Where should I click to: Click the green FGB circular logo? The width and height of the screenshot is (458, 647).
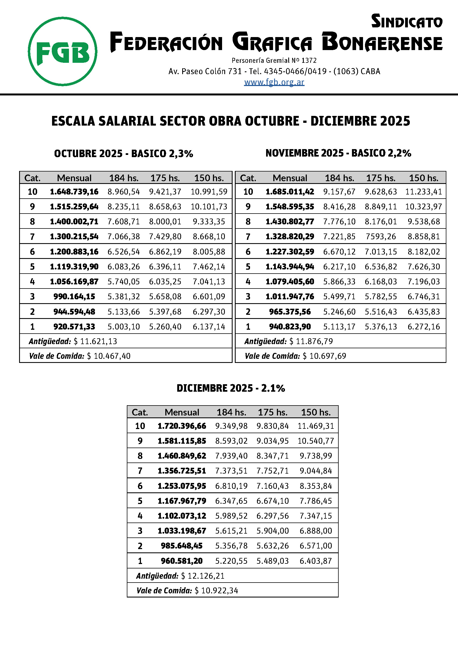63,51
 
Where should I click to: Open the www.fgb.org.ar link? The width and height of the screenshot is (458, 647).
274,82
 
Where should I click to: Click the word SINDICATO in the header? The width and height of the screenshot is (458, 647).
406,22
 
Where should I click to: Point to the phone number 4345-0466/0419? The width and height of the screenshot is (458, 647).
295,71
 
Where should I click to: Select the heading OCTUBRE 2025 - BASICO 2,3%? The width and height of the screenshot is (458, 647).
123,154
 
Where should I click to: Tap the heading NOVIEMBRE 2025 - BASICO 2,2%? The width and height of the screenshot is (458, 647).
338,153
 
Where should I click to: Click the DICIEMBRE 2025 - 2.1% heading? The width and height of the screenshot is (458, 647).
230,388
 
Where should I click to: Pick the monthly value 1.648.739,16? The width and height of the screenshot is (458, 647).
74,192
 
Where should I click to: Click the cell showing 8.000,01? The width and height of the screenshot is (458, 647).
165,222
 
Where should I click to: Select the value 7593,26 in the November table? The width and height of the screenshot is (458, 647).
380,237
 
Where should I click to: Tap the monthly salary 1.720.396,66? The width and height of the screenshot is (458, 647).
182,426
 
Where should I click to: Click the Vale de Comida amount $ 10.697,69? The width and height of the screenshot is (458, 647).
324,356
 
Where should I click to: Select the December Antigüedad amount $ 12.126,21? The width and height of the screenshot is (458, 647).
203,576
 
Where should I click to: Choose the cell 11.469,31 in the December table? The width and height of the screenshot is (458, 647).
316,426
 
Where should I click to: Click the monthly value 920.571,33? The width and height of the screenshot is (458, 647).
74,327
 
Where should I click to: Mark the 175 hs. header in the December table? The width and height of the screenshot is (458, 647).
272,412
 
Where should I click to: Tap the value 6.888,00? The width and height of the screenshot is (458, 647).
316,531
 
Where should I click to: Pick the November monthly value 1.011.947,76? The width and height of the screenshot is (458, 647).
290,297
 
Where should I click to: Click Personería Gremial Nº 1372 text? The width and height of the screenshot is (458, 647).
274,60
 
